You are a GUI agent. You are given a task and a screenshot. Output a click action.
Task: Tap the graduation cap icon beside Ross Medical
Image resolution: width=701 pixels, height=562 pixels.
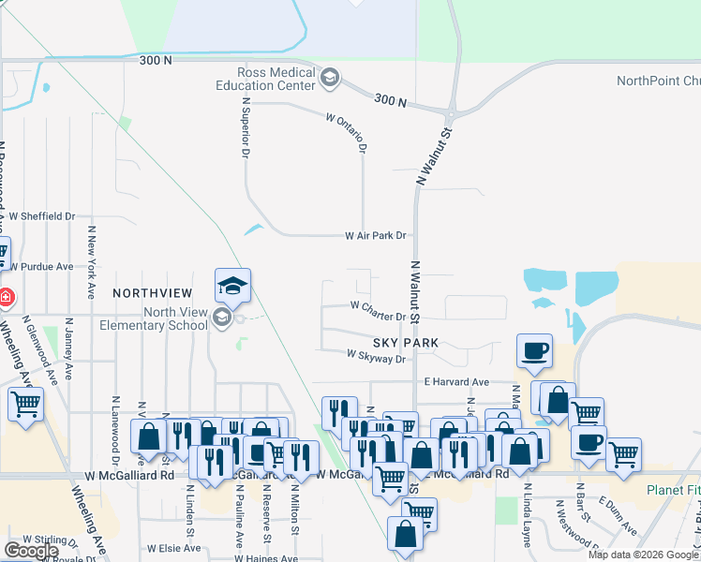click(x=329, y=79)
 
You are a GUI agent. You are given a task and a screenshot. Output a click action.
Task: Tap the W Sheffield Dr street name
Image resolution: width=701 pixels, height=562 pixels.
click(x=42, y=215)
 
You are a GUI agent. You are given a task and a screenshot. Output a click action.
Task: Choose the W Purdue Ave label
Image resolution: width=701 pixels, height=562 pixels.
click(x=41, y=267)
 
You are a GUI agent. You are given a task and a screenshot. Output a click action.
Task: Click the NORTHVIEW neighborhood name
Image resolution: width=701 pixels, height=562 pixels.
click(x=152, y=293)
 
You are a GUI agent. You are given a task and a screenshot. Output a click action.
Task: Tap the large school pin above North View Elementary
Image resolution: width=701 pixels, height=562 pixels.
click(x=232, y=285)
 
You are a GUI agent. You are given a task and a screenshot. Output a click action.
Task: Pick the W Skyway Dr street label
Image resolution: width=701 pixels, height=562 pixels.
click(x=376, y=357)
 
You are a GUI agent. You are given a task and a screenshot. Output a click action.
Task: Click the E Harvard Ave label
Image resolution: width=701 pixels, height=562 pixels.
click(x=456, y=382)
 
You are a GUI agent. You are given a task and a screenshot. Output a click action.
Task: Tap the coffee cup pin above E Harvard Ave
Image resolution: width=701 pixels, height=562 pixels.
click(x=534, y=351)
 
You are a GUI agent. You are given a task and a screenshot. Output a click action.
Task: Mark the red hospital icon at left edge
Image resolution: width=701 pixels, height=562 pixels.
click(x=6, y=296)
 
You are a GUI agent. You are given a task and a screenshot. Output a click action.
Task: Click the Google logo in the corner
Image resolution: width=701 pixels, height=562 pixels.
click(x=31, y=551)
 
